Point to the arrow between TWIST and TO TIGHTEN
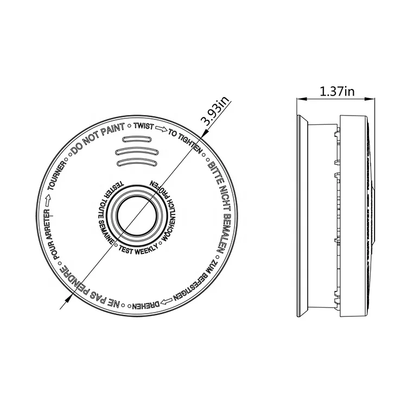click(x=161, y=131)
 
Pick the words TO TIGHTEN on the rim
click(x=185, y=140)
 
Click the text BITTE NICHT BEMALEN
click(x=218, y=201)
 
